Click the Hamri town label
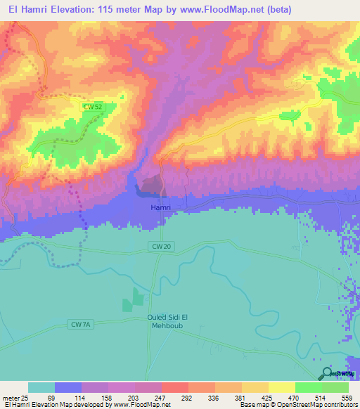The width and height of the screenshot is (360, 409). point(161,208)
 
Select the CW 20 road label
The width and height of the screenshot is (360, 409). point(161,246)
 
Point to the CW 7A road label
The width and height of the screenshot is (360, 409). point(81,324)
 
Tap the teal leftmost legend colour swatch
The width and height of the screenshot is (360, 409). point(41,387)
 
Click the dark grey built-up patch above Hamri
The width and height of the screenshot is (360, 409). point(150,185)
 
